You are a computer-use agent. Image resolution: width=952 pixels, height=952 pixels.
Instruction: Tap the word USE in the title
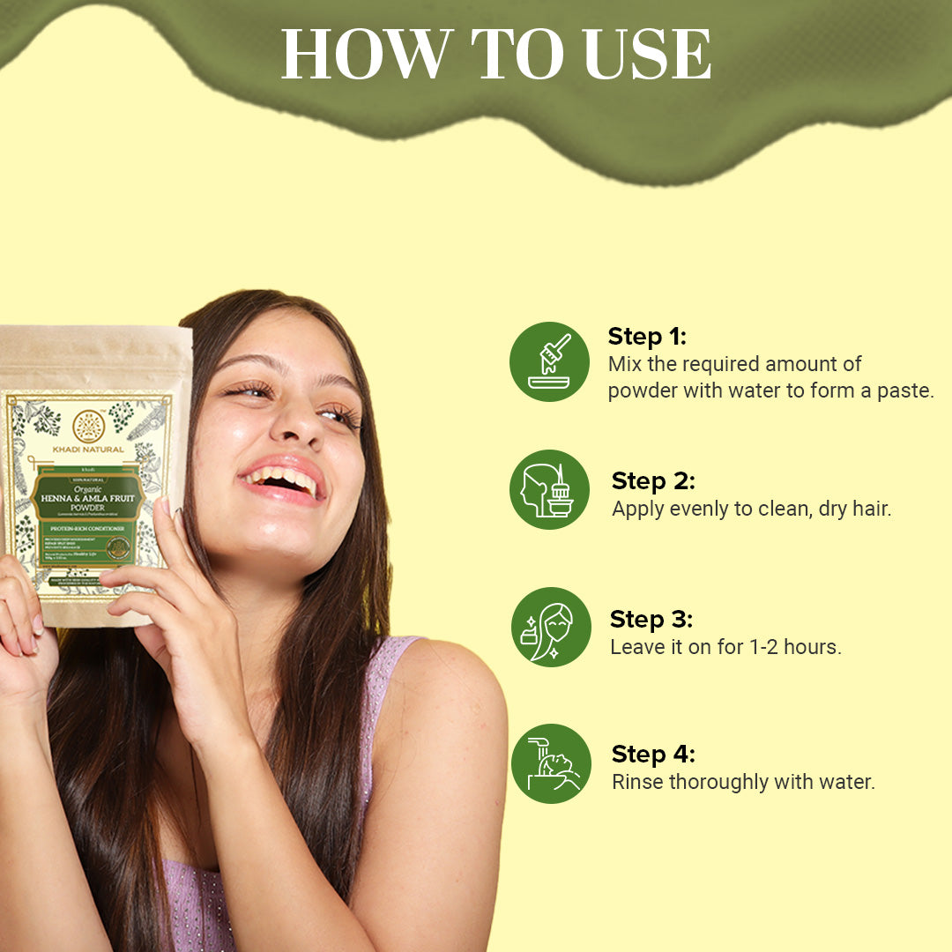[646, 56]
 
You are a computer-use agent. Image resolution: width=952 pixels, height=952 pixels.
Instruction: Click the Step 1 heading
[646, 337]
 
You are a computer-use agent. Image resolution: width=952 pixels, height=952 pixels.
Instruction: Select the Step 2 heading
[653, 480]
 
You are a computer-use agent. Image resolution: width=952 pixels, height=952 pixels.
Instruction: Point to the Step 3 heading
[651, 619]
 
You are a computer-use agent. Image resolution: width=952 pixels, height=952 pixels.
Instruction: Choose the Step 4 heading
[653, 755]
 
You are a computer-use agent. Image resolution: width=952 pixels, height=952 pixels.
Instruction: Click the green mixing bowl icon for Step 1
[549, 361]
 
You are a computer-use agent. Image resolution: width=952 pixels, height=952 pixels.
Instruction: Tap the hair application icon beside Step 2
[549, 490]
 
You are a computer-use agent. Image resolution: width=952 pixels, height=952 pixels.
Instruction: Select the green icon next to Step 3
[549, 627]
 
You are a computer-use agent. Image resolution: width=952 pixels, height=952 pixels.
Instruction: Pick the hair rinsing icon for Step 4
[551, 763]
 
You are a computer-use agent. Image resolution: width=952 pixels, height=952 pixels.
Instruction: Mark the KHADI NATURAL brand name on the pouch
[88, 450]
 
